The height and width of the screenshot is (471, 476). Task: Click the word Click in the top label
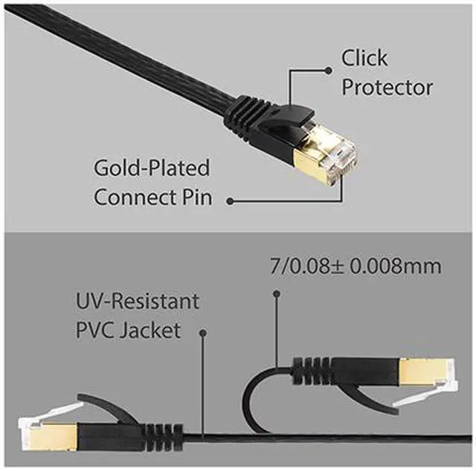pyautogui.click(x=364, y=57)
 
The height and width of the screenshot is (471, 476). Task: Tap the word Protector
pyautogui.click(x=387, y=88)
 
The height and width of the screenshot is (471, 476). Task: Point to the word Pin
pyautogui.click(x=197, y=198)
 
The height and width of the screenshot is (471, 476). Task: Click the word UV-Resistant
pyautogui.click(x=137, y=301)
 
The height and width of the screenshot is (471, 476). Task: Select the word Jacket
pyautogui.click(x=154, y=331)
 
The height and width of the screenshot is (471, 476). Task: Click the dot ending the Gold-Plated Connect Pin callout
pyautogui.click(x=231, y=200)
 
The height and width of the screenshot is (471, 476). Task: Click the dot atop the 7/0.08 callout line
pyautogui.click(x=276, y=295)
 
